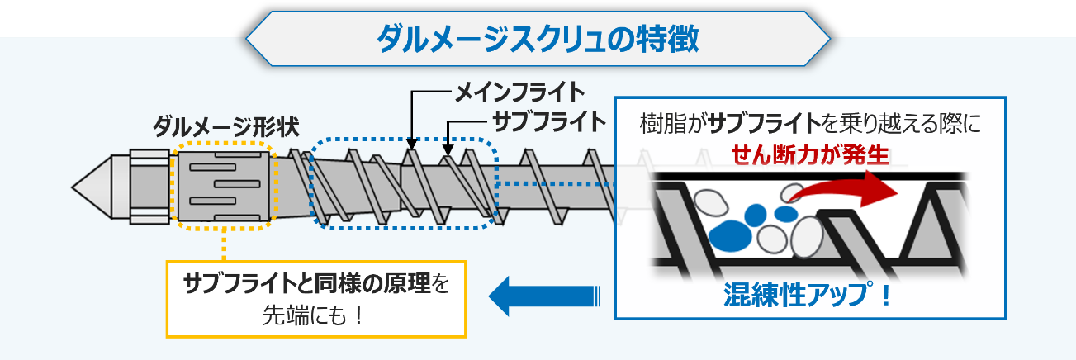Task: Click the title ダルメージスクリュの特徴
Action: pos(538,38)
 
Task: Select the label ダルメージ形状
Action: pos(225,126)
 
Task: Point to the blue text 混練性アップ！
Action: pos(808,295)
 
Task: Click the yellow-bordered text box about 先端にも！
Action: pos(317,299)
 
